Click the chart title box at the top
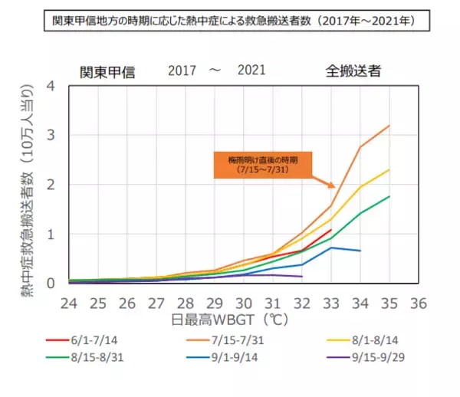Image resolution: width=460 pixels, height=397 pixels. [230, 20]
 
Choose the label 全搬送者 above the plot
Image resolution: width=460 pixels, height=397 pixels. [352, 71]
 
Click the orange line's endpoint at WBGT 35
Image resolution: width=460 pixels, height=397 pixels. [389, 125]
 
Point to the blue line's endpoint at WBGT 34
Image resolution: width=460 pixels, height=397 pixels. [360, 251]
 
